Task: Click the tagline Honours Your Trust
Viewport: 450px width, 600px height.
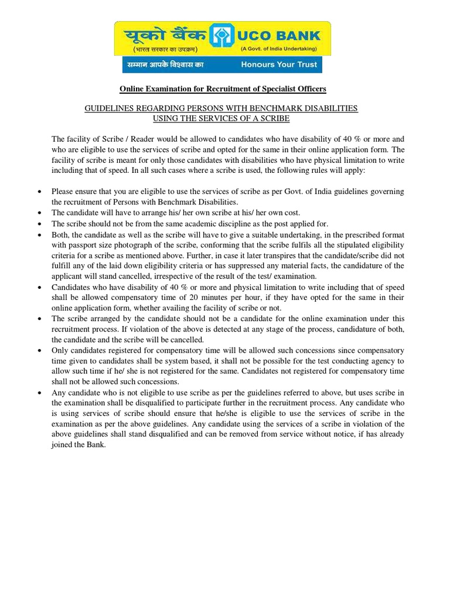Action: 279,64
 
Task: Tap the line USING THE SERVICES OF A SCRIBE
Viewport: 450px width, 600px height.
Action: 221,118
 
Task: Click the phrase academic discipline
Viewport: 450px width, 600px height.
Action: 210,224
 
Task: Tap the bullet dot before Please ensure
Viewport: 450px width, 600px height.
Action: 39,192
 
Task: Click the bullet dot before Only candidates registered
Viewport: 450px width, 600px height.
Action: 39,350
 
